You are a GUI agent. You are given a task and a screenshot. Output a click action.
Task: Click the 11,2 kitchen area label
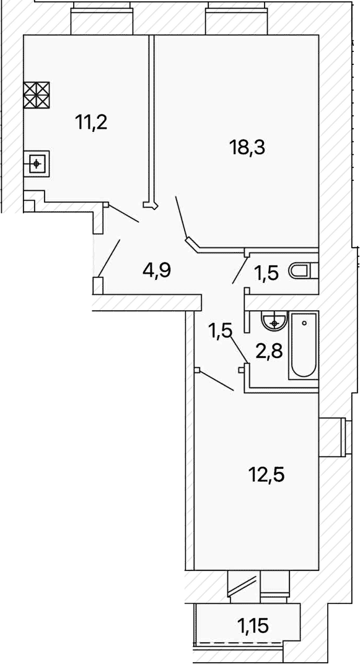click(92, 123)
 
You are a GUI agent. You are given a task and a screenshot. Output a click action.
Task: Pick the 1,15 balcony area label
click(253, 624)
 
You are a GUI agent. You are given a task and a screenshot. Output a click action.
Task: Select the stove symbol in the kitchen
click(37, 94)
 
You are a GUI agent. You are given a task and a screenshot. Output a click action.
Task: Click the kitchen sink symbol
click(37, 164)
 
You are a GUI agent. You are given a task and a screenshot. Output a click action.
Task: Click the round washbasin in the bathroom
click(275, 320)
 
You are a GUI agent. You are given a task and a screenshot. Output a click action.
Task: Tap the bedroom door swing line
click(216, 381)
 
